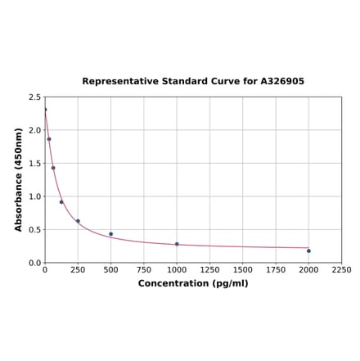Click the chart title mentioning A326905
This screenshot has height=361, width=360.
tap(193, 82)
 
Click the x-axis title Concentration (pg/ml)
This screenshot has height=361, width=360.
tap(193, 283)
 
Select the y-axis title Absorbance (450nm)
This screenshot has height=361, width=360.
tap(19, 179)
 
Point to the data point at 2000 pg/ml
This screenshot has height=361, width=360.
tap(308, 250)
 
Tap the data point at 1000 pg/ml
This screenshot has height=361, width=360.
tap(177, 244)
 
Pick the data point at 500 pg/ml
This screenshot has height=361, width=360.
tap(111, 234)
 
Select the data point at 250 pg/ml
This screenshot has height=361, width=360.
tap(78, 221)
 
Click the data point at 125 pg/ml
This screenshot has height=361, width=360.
tap(61, 202)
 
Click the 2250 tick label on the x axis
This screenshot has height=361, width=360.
tap(341, 269)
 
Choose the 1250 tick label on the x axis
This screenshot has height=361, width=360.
tap(209, 269)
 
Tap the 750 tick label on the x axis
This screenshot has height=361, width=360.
tap(144, 269)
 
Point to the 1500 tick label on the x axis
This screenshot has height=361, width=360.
tap(242, 269)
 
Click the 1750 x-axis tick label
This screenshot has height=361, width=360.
tap(276, 269)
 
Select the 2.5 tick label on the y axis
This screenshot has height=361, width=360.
tap(34, 97)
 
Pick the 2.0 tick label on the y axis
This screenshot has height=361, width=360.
tap(34, 130)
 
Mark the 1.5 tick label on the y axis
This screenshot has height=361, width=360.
tap(34, 163)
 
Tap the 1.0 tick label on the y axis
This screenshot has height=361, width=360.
tap(34, 196)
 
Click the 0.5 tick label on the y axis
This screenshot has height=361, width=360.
tap(34, 229)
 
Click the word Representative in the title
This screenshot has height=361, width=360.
tap(117, 82)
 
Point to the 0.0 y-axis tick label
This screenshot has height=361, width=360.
tap(34, 263)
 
